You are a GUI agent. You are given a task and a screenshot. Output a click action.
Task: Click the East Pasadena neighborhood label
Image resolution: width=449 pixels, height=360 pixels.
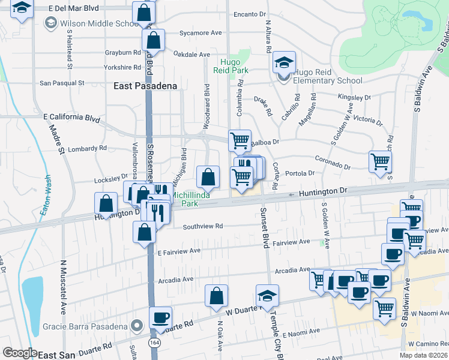(146, 86)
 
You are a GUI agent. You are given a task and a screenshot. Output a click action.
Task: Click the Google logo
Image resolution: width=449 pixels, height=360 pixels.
(20, 353)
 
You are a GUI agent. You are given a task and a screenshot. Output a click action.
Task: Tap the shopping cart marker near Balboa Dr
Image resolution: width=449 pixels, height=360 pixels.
(240, 141)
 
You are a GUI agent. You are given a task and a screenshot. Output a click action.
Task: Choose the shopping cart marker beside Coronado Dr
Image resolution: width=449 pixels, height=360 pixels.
(381, 161)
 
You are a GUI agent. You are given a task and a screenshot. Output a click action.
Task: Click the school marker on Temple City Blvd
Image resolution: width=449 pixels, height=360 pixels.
(267, 296)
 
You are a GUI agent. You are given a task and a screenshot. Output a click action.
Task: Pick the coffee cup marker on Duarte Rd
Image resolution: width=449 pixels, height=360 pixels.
(160, 318)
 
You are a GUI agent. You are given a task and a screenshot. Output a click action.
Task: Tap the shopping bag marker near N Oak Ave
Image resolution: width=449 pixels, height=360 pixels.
(216, 296)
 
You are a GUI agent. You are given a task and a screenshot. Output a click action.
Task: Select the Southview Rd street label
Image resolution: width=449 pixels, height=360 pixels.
(203, 226)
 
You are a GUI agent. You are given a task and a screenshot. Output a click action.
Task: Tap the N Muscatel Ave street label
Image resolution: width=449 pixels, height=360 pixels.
(63, 287)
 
